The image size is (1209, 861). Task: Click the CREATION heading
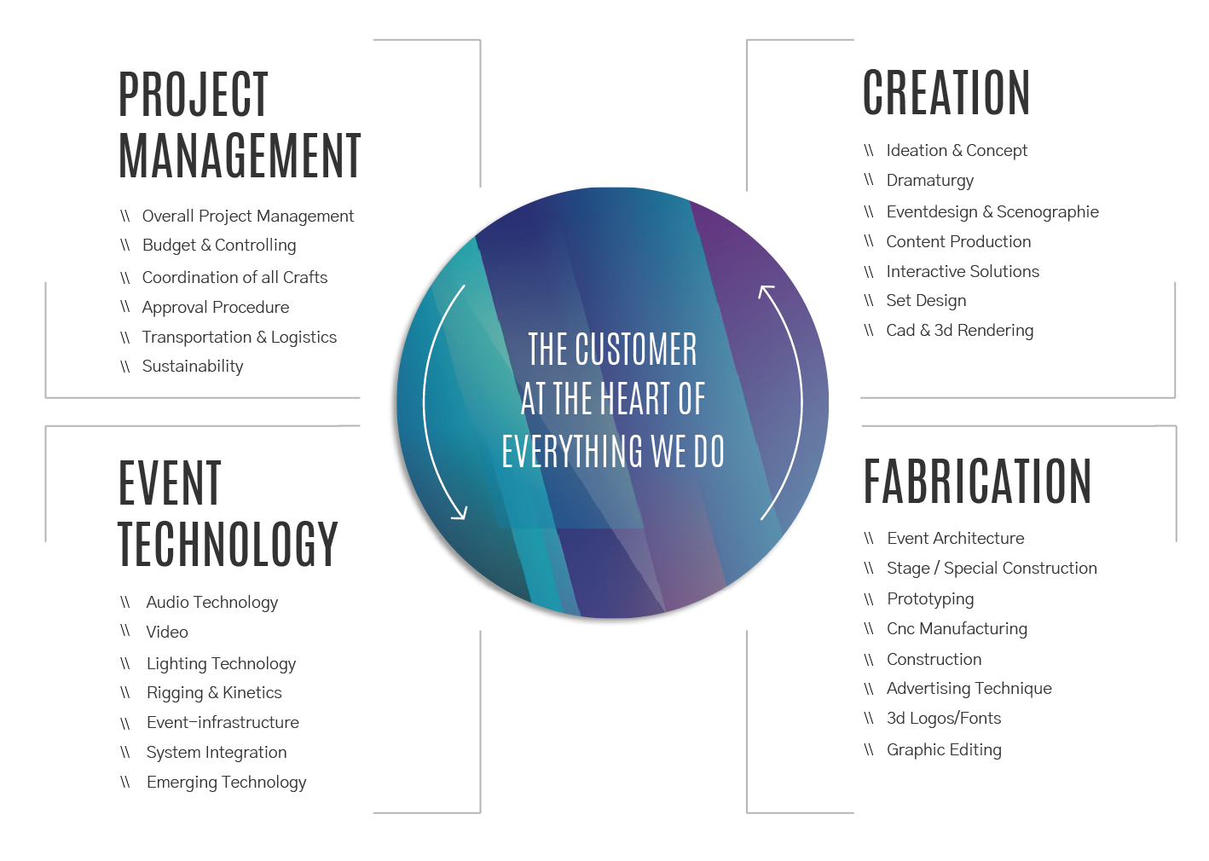pyautogui.click(x=946, y=92)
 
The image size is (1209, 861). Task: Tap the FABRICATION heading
pyautogui.click(x=977, y=481)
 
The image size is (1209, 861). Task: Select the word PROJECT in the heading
pyautogui.click(x=194, y=95)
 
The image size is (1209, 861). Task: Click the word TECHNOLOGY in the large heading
pyautogui.click(x=228, y=544)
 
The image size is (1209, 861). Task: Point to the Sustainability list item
pyautogui.click(x=192, y=367)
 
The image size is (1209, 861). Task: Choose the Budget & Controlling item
pyautogui.click(x=219, y=245)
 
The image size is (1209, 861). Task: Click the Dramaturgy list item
pyautogui.click(x=930, y=181)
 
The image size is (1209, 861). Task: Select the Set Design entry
pyautogui.click(x=926, y=301)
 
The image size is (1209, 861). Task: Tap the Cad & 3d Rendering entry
pyautogui.click(x=960, y=331)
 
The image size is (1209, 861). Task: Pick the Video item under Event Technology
pyautogui.click(x=167, y=633)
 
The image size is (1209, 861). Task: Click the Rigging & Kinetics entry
pyautogui.click(x=214, y=692)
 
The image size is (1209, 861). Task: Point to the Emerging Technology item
pyautogui.click(x=227, y=783)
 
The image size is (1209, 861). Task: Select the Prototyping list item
pyautogui.click(x=930, y=599)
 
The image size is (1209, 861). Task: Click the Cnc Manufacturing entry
pyautogui.click(x=957, y=629)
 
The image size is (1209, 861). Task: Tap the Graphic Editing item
pyautogui.click(x=944, y=750)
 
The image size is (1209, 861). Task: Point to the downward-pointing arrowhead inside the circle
pyautogui.click(x=460, y=513)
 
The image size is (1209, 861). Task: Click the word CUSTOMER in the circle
pyautogui.click(x=636, y=350)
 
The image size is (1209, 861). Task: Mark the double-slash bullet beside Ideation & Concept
pyautogui.click(x=869, y=150)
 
